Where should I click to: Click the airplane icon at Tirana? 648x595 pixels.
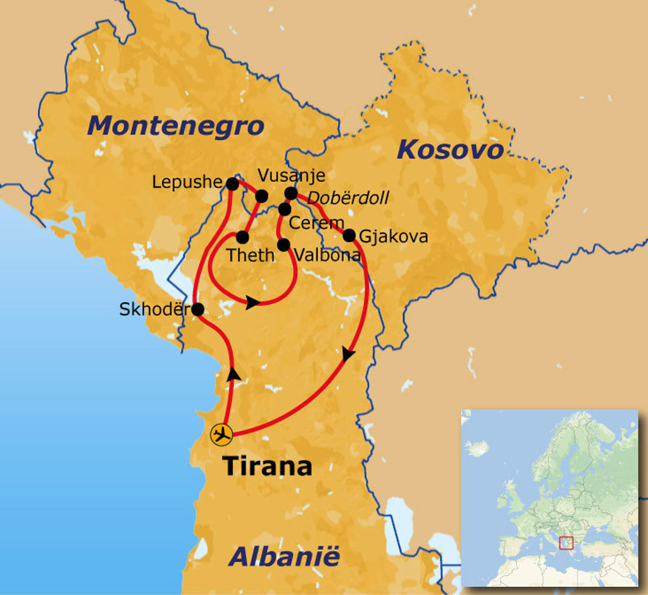click(x=221, y=434)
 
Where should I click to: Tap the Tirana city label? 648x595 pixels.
click(x=268, y=467)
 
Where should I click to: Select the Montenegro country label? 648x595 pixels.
click(x=175, y=126)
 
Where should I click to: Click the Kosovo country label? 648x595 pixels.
click(x=450, y=150)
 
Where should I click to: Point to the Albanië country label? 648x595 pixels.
click(x=284, y=557)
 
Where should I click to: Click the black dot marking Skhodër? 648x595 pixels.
click(x=197, y=310)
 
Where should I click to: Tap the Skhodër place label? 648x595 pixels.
click(x=154, y=310)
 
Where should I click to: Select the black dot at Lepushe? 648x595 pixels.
click(x=232, y=184)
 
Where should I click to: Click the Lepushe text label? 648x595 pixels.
click(x=187, y=182)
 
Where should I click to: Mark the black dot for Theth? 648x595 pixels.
click(x=242, y=237)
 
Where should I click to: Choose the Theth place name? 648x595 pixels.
click(x=251, y=255)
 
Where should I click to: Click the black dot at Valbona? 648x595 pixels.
click(x=283, y=244)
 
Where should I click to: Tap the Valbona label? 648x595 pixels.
click(x=328, y=255)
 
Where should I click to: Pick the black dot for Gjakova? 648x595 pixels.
click(x=349, y=235)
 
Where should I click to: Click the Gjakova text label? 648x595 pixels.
click(x=393, y=237)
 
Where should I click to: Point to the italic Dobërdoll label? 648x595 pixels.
click(x=347, y=198)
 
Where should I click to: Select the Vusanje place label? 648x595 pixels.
click(x=292, y=175)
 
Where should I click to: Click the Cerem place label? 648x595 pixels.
click(x=316, y=223)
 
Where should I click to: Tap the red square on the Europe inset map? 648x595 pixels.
click(x=566, y=542)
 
